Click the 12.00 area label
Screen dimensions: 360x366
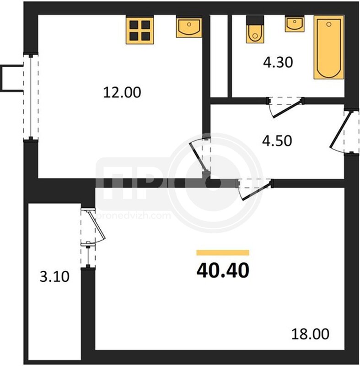coord(122,92)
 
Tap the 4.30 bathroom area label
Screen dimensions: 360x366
coord(278,63)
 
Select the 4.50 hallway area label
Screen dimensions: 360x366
coord(277,141)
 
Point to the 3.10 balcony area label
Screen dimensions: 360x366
coord(54,277)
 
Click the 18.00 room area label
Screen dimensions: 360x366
coord(310,334)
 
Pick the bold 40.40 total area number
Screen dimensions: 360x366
coord(223,270)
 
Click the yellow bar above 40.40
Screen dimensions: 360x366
coord(223,253)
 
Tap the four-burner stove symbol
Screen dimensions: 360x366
coord(140,30)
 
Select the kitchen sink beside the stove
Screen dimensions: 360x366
coord(189,27)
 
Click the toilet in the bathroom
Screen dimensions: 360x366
coord(255,29)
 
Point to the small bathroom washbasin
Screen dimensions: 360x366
coord(295,24)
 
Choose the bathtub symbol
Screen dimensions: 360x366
coord(329,47)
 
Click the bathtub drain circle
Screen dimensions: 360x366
coord(329,24)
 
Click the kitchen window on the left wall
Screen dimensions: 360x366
coord(31,97)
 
